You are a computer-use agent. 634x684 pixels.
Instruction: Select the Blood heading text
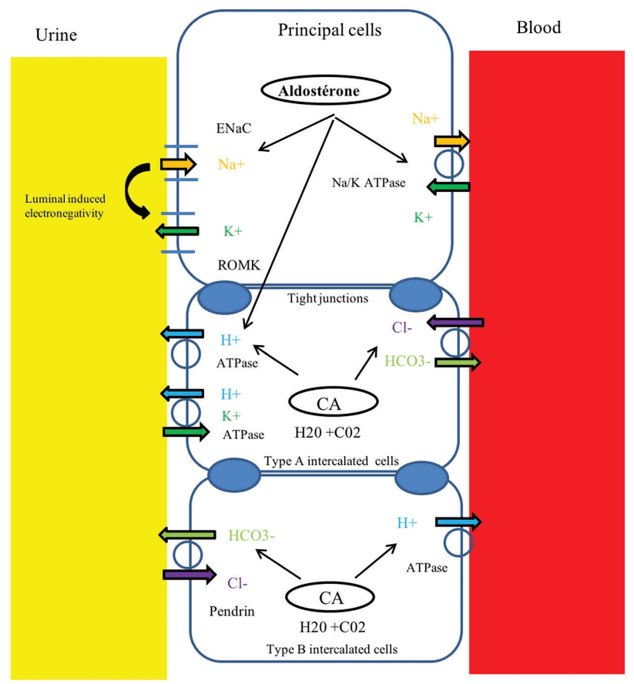tap(538, 28)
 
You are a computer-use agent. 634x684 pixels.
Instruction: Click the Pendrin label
tap(230, 610)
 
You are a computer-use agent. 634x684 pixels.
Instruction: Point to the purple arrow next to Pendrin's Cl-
tap(189, 574)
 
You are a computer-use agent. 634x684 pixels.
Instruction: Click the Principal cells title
tap(330, 31)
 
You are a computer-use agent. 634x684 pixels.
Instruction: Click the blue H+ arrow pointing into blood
tap(458, 522)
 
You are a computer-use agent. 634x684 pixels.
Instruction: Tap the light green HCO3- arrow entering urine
tap(186, 534)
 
